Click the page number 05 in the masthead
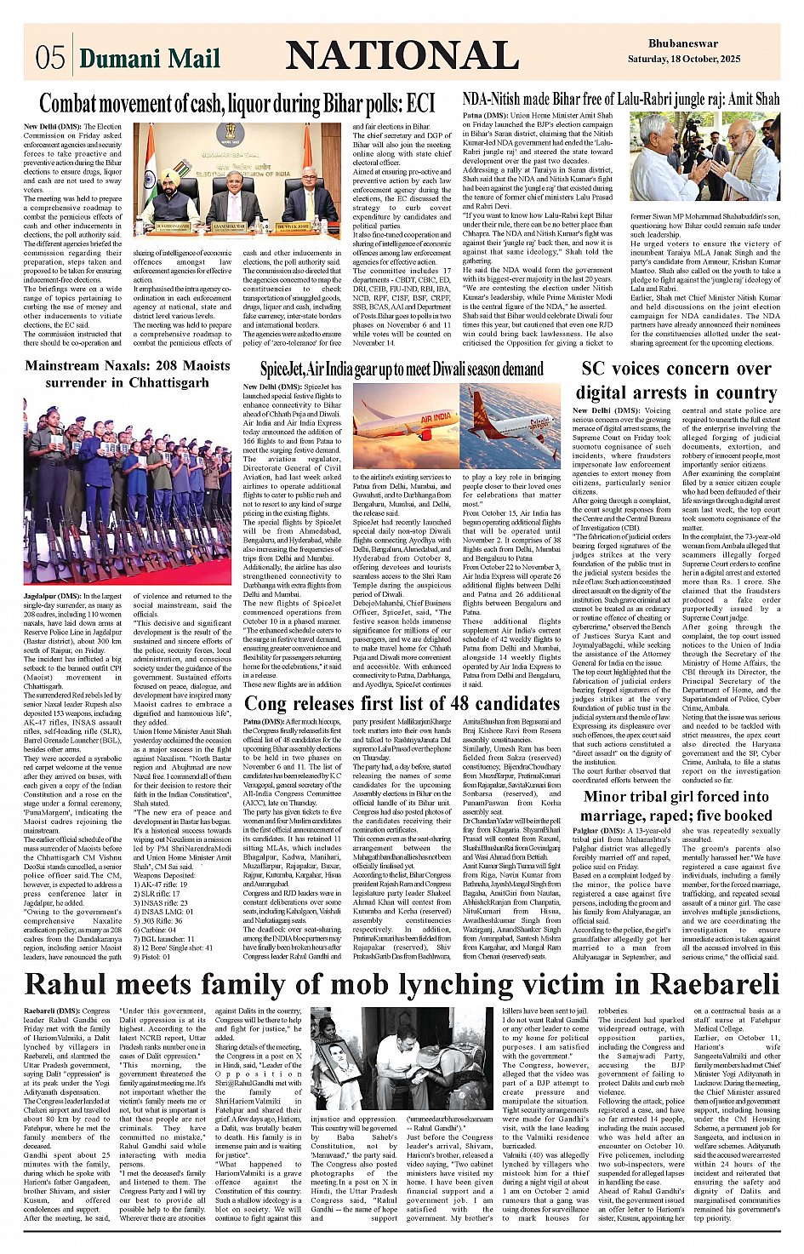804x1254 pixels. point(50,57)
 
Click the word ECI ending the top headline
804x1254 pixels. point(420,104)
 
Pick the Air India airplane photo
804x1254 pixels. point(404,424)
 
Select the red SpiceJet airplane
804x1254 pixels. point(510,423)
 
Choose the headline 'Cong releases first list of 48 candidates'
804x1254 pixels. point(402,703)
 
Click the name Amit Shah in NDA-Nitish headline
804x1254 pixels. point(751,100)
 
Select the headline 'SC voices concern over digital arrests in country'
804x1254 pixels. point(676,381)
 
